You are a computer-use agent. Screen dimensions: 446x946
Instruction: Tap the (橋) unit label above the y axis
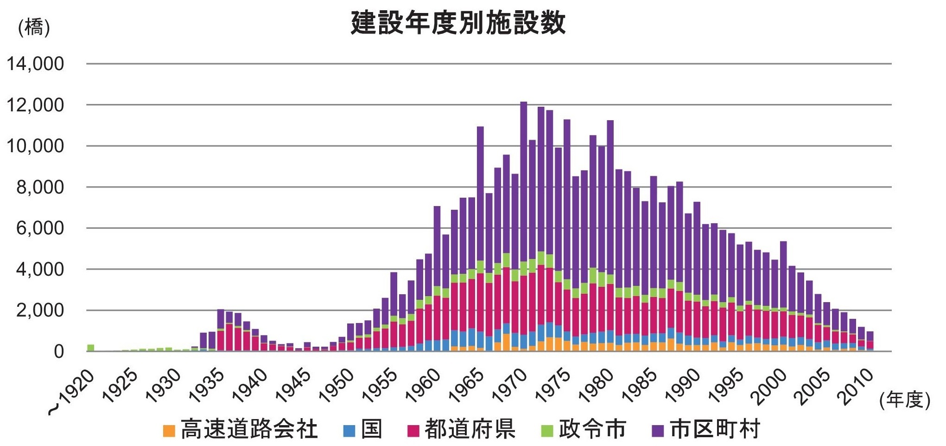point(33,27)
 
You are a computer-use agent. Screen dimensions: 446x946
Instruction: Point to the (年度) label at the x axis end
point(905,399)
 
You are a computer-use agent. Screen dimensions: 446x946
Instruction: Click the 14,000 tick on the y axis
point(35,64)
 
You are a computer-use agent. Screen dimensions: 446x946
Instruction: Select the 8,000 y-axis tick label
point(40,187)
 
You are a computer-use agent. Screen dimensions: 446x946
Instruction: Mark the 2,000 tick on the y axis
point(40,310)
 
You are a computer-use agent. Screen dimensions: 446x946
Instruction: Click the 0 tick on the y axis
point(58,351)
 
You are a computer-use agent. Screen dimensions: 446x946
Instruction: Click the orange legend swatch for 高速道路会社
point(169,431)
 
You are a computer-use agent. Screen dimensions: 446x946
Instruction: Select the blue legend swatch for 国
point(349,431)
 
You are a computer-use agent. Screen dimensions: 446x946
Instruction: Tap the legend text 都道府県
point(470,429)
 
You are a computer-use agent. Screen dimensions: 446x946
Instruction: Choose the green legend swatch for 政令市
point(547,431)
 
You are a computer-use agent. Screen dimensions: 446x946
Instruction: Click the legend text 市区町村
point(715,429)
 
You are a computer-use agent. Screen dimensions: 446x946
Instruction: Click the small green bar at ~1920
point(91,348)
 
